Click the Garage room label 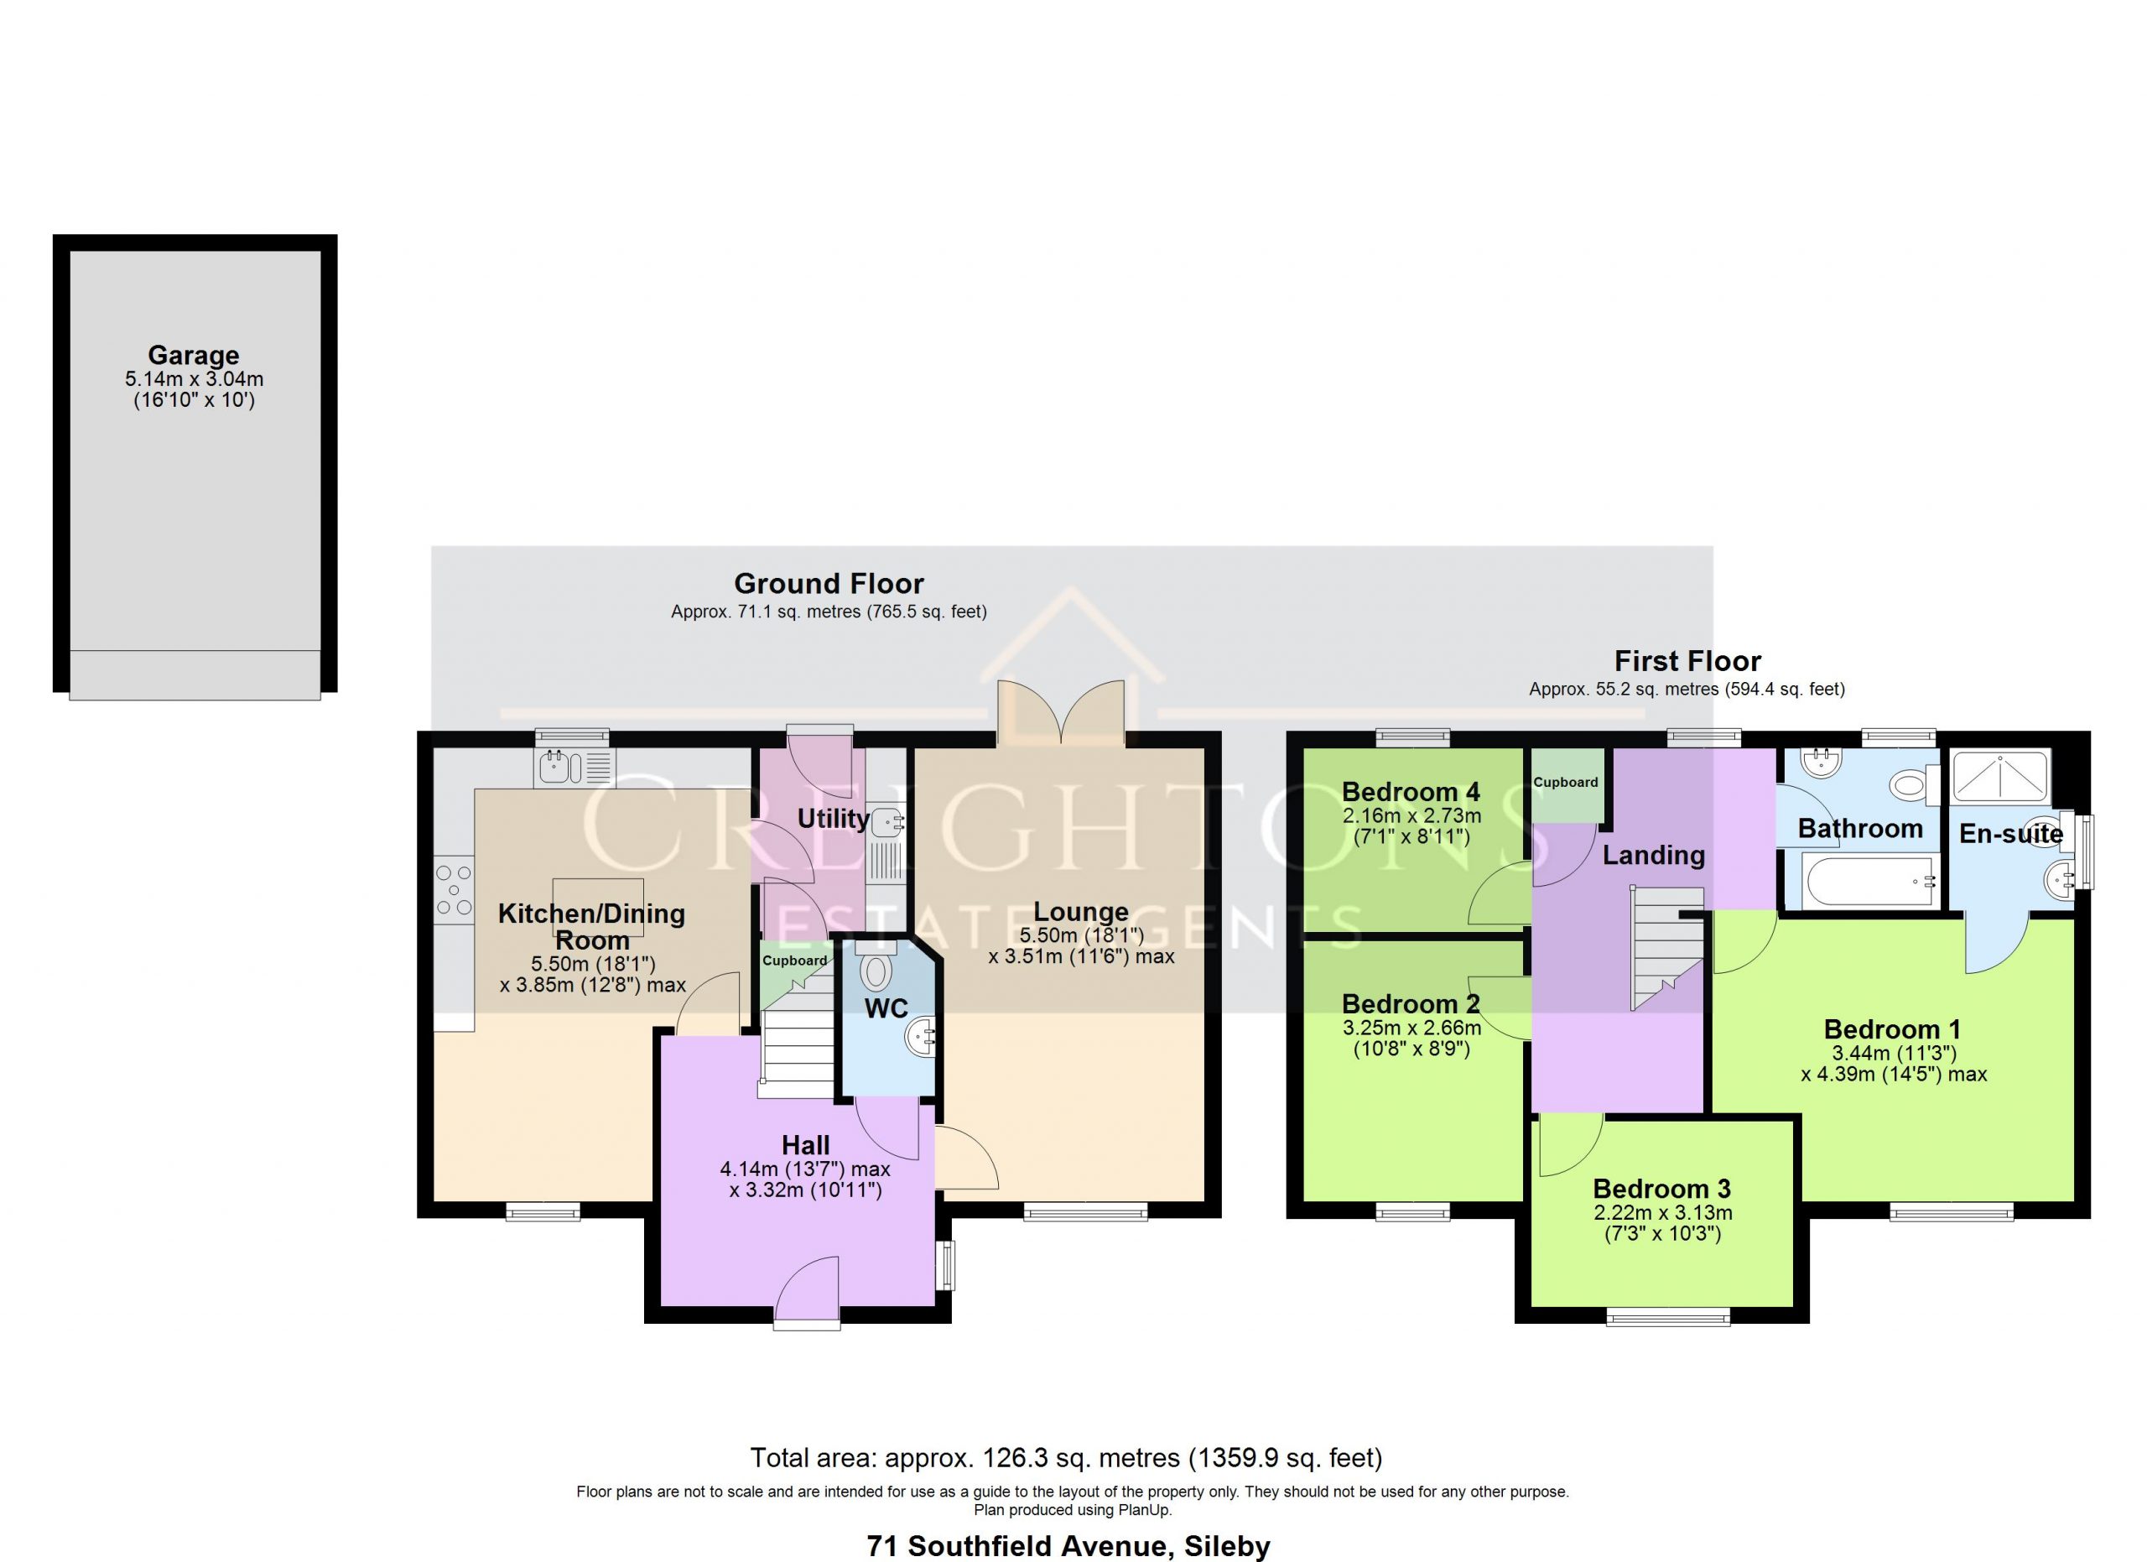point(193,355)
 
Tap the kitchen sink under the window point(574,768)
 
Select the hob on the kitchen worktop point(455,890)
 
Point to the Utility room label point(833,819)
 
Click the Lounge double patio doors point(1062,713)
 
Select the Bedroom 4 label point(1411,791)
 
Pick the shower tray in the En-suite point(2000,775)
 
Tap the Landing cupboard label point(1566,782)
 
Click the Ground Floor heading point(829,583)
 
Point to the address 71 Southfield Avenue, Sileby point(1068,1546)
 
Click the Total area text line point(1066,1458)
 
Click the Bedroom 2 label point(1411,1003)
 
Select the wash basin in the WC point(921,1038)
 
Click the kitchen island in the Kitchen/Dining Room point(598,908)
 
